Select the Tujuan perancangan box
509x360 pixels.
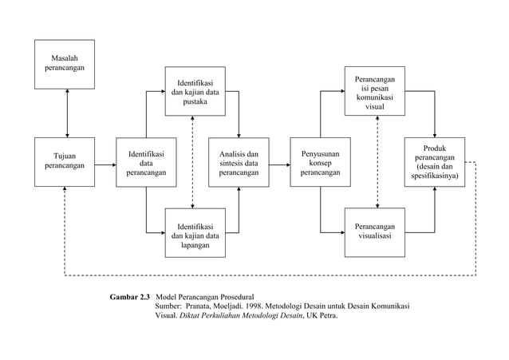pos(65,163)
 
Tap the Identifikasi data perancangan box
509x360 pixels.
pos(146,163)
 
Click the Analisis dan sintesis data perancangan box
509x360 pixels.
pos(239,163)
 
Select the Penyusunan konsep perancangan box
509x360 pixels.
pos(321,163)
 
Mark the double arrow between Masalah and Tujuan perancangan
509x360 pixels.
pos(68,113)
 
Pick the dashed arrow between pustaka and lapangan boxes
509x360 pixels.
pos(192,162)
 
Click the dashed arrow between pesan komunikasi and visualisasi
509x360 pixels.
pos(377,162)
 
